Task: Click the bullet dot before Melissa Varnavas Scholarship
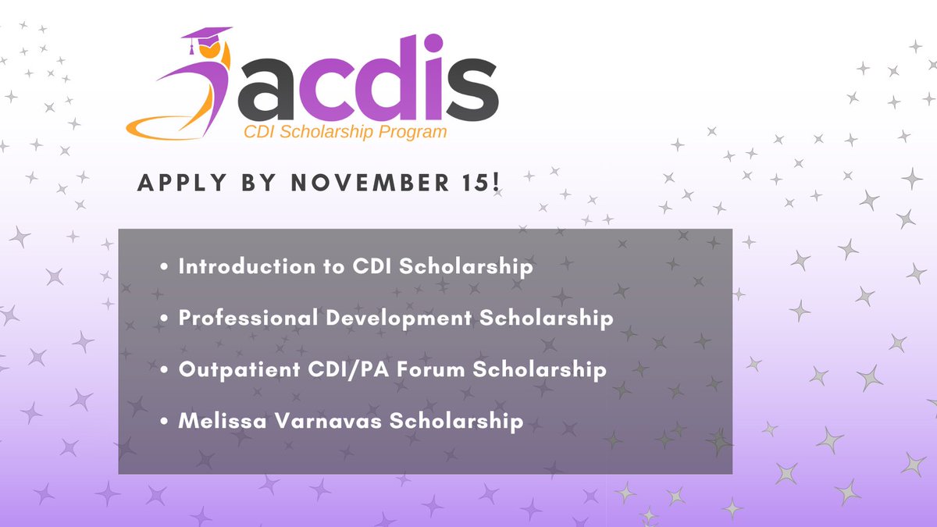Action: pyautogui.click(x=164, y=422)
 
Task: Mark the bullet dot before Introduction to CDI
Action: pyautogui.click(x=164, y=267)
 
